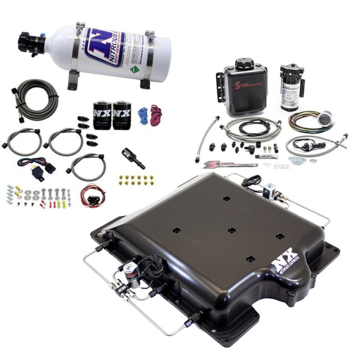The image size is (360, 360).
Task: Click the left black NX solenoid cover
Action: [x=102, y=116]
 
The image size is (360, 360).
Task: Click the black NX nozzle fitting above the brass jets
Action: [x=133, y=158]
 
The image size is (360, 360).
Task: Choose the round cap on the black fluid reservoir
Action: [x=244, y=63]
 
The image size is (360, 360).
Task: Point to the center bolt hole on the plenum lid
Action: [x=231, y=230]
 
